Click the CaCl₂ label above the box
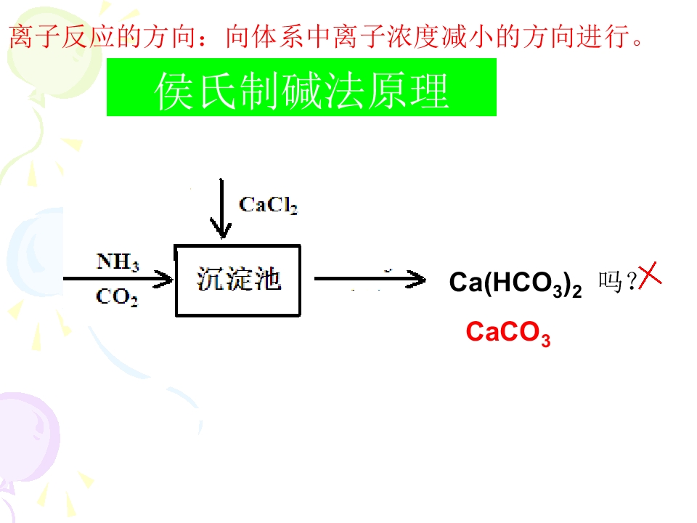tap(268, 206)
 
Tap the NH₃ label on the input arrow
tap(118, 261)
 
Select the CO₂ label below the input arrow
tap(117, 296)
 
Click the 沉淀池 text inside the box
tap(239, 279)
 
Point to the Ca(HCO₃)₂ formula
tap(515, 283)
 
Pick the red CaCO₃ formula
tap(508, 333)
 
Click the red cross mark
tap(650, 276)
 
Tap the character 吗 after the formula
tap(610, 282)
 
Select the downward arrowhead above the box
tap(221, 228)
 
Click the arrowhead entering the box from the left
tap(163, 279)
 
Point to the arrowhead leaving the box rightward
tap(416, 279)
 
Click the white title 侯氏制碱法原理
tap(301, 91)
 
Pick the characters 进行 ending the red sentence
tap(603, 36)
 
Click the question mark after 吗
tap(631, 280)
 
